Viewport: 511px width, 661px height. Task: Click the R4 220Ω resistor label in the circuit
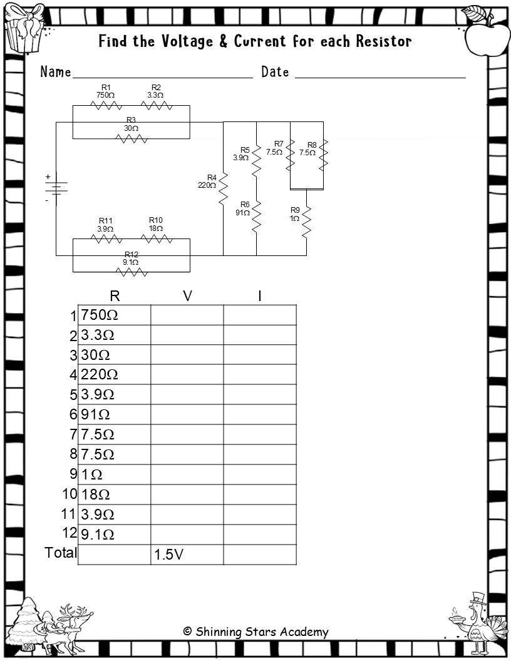(x=207, y=182)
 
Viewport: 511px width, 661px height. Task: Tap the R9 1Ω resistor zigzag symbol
(x=307, y=222)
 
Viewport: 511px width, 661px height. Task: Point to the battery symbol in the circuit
(x=56, y=188)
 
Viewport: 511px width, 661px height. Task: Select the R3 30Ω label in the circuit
(x=131, y=124)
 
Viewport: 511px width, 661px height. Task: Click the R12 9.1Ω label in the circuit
(x=131, y=258)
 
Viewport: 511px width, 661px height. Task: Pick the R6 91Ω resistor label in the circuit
(x=242, y=208)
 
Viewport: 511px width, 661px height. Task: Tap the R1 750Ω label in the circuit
(x=105, y=91)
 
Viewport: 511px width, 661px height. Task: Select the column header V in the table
(x=187, y=296)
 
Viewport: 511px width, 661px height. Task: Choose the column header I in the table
(x=260, y=296)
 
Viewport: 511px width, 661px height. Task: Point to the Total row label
(x=61, y=553)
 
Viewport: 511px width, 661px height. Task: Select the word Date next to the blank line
(x=275, y=72)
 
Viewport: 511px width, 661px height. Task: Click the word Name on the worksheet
(x=56, y=72)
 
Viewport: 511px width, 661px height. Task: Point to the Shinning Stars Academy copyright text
(x=255, y=632)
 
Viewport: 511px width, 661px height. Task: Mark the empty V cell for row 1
(x=187, y=315)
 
